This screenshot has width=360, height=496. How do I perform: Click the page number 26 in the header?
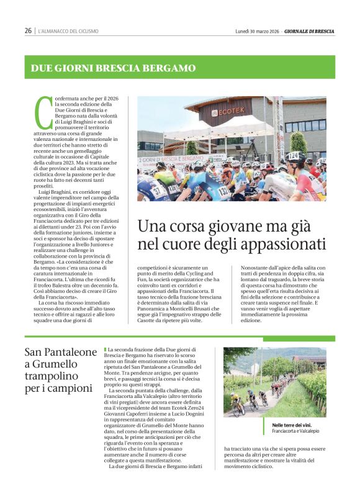(x=28, y=30)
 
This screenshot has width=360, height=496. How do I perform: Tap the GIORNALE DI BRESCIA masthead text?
(x=310, y=30)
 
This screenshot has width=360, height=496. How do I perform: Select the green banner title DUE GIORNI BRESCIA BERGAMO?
(x=114, y=68)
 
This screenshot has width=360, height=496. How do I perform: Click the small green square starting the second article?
(x=106, y=350)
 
